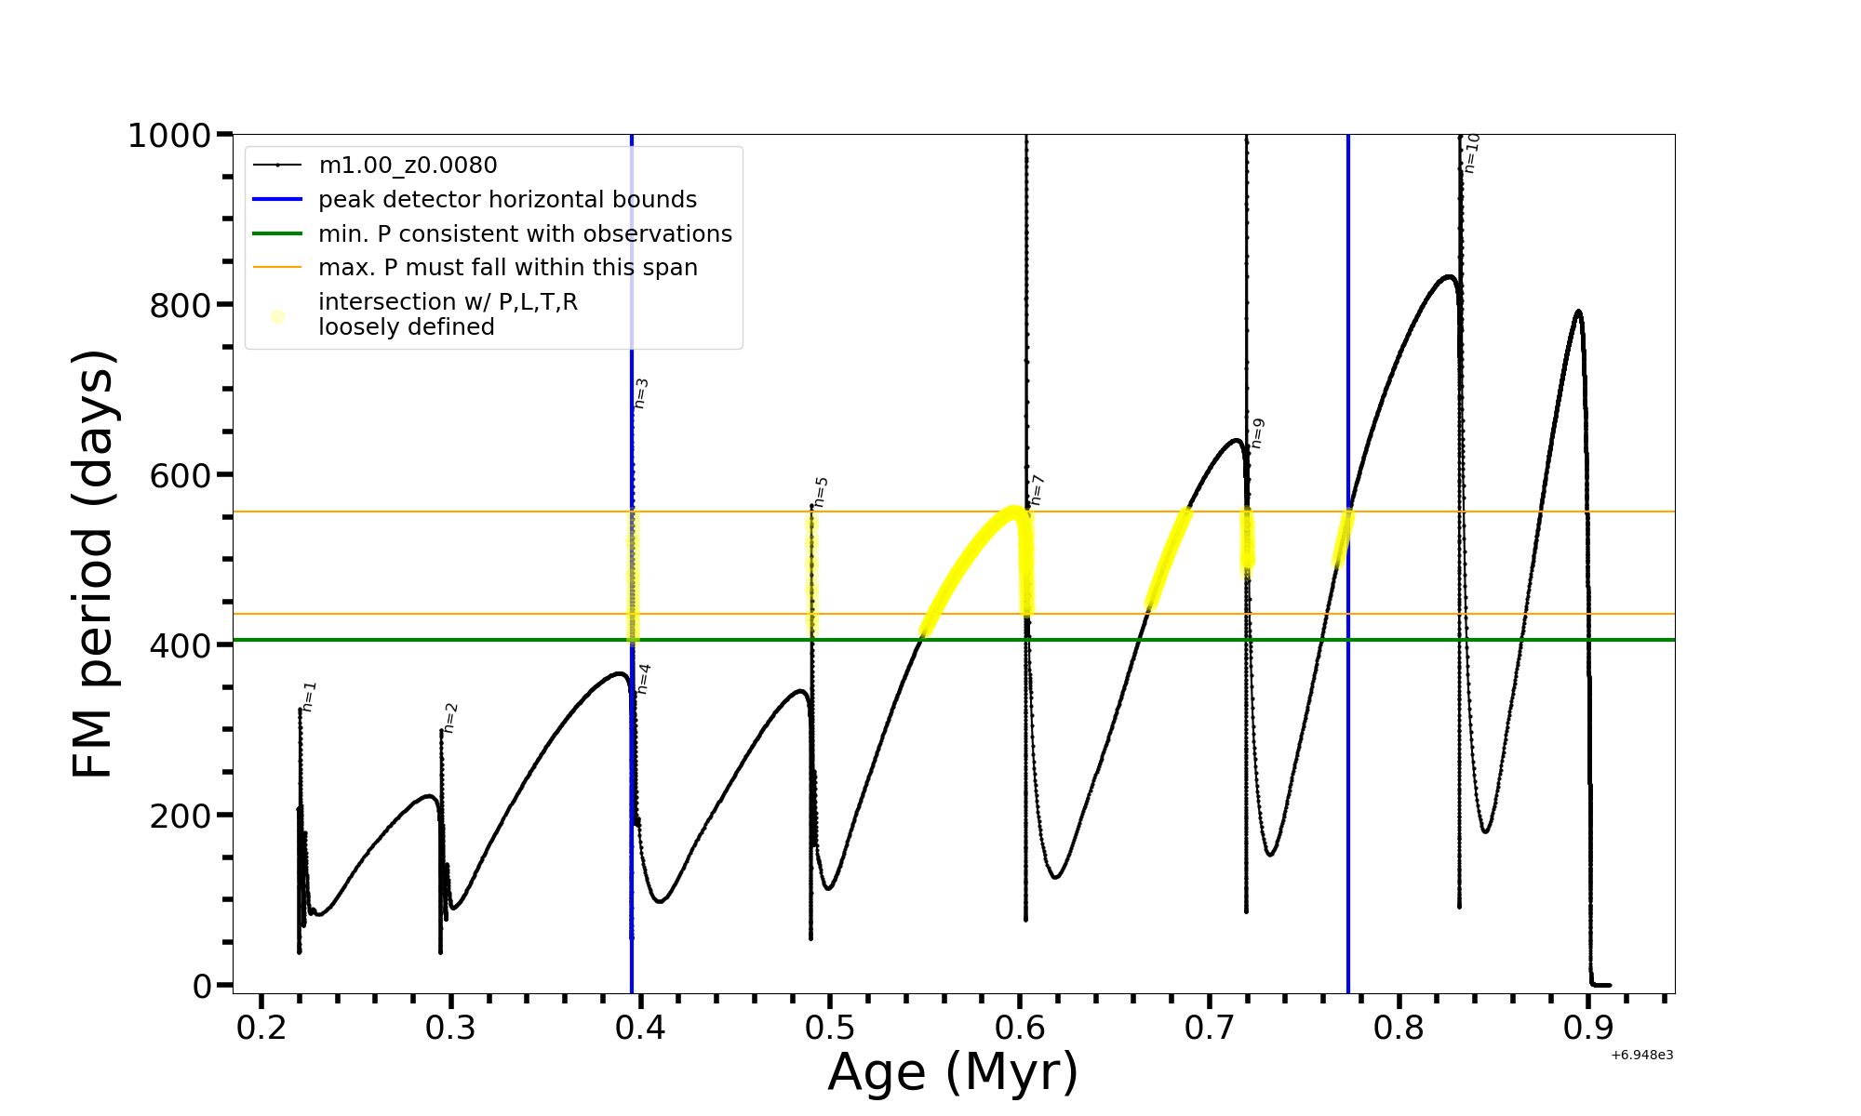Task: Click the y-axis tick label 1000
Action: [168, 136]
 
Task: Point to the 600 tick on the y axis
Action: [181, 475]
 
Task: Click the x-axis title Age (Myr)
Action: [953, 1071]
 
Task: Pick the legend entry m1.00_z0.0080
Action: [408, 166]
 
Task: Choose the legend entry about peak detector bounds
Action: [507, 200]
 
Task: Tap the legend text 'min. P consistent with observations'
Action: [525, 233]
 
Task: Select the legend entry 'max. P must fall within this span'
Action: [507, 268]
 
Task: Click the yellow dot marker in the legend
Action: [277, 316]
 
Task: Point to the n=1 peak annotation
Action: [310, 697]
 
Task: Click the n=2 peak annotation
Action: [451, 718]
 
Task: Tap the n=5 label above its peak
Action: [821, 492]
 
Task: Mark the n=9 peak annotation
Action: [1258, 433]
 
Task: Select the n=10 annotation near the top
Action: [1471, 153]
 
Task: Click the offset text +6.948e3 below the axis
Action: [1641, 1055]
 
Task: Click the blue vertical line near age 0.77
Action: [1348, 744]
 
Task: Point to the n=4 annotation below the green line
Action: [643, 679]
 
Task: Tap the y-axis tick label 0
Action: [202, 986]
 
